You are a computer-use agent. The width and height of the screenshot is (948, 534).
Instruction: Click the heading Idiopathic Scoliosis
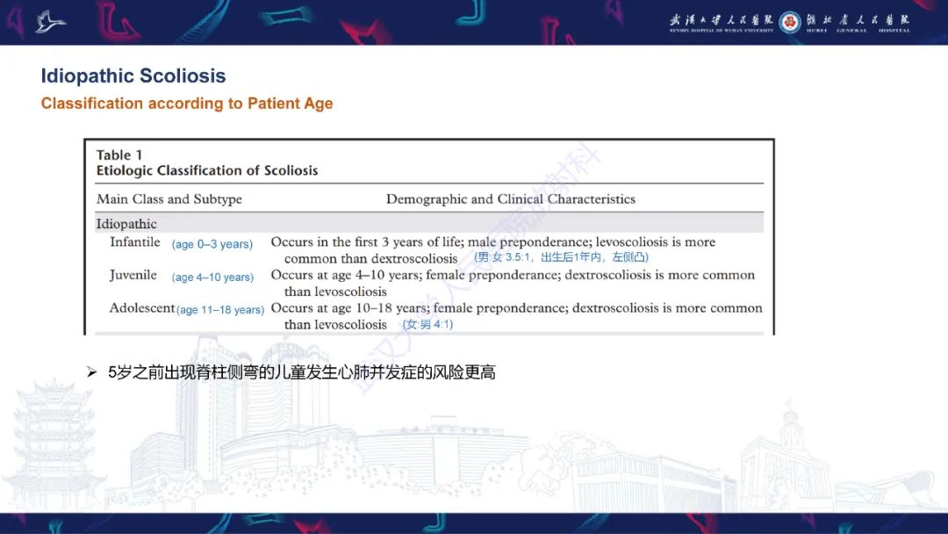[x=133, y=76]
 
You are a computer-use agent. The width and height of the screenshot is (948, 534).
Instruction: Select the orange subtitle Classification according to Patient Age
[x=187, y=104]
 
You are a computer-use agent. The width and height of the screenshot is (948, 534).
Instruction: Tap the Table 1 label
[x=119, y=155]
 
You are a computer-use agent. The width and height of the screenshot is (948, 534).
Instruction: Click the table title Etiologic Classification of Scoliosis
[x=207, y=170]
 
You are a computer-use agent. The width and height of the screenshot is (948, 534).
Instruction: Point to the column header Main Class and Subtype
[x=169, y=199]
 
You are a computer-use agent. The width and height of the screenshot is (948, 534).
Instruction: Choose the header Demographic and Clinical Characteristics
[x=511, y=199]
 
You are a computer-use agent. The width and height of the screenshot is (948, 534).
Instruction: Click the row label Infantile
[x=135, y=242]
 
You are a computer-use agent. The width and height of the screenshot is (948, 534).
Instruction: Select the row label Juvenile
[x=133, y=275]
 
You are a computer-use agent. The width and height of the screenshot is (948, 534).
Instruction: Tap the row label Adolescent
[x=142, y=308]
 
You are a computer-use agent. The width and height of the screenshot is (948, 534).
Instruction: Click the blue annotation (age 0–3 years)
[x=212, y=244]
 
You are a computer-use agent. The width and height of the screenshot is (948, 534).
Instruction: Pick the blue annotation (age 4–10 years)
[x=213, y=278]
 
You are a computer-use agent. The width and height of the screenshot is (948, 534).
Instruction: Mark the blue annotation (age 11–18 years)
[x=220, y=310]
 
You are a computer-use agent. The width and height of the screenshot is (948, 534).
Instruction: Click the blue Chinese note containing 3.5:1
[x=561, y=258]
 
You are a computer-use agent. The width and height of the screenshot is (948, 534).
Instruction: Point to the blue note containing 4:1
[x=427, y=325]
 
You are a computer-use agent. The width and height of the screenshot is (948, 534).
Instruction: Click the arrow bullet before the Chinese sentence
[x=91, y=373]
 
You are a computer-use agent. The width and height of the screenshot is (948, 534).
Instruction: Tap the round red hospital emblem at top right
[x=789, y=22]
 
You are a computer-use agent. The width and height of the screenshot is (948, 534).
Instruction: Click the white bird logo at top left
[x=51, y=21]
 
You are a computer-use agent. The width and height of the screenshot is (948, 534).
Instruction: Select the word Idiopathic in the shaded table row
[x=126, y=224]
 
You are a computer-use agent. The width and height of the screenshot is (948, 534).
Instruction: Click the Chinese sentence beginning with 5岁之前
[x=302, y=373]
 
